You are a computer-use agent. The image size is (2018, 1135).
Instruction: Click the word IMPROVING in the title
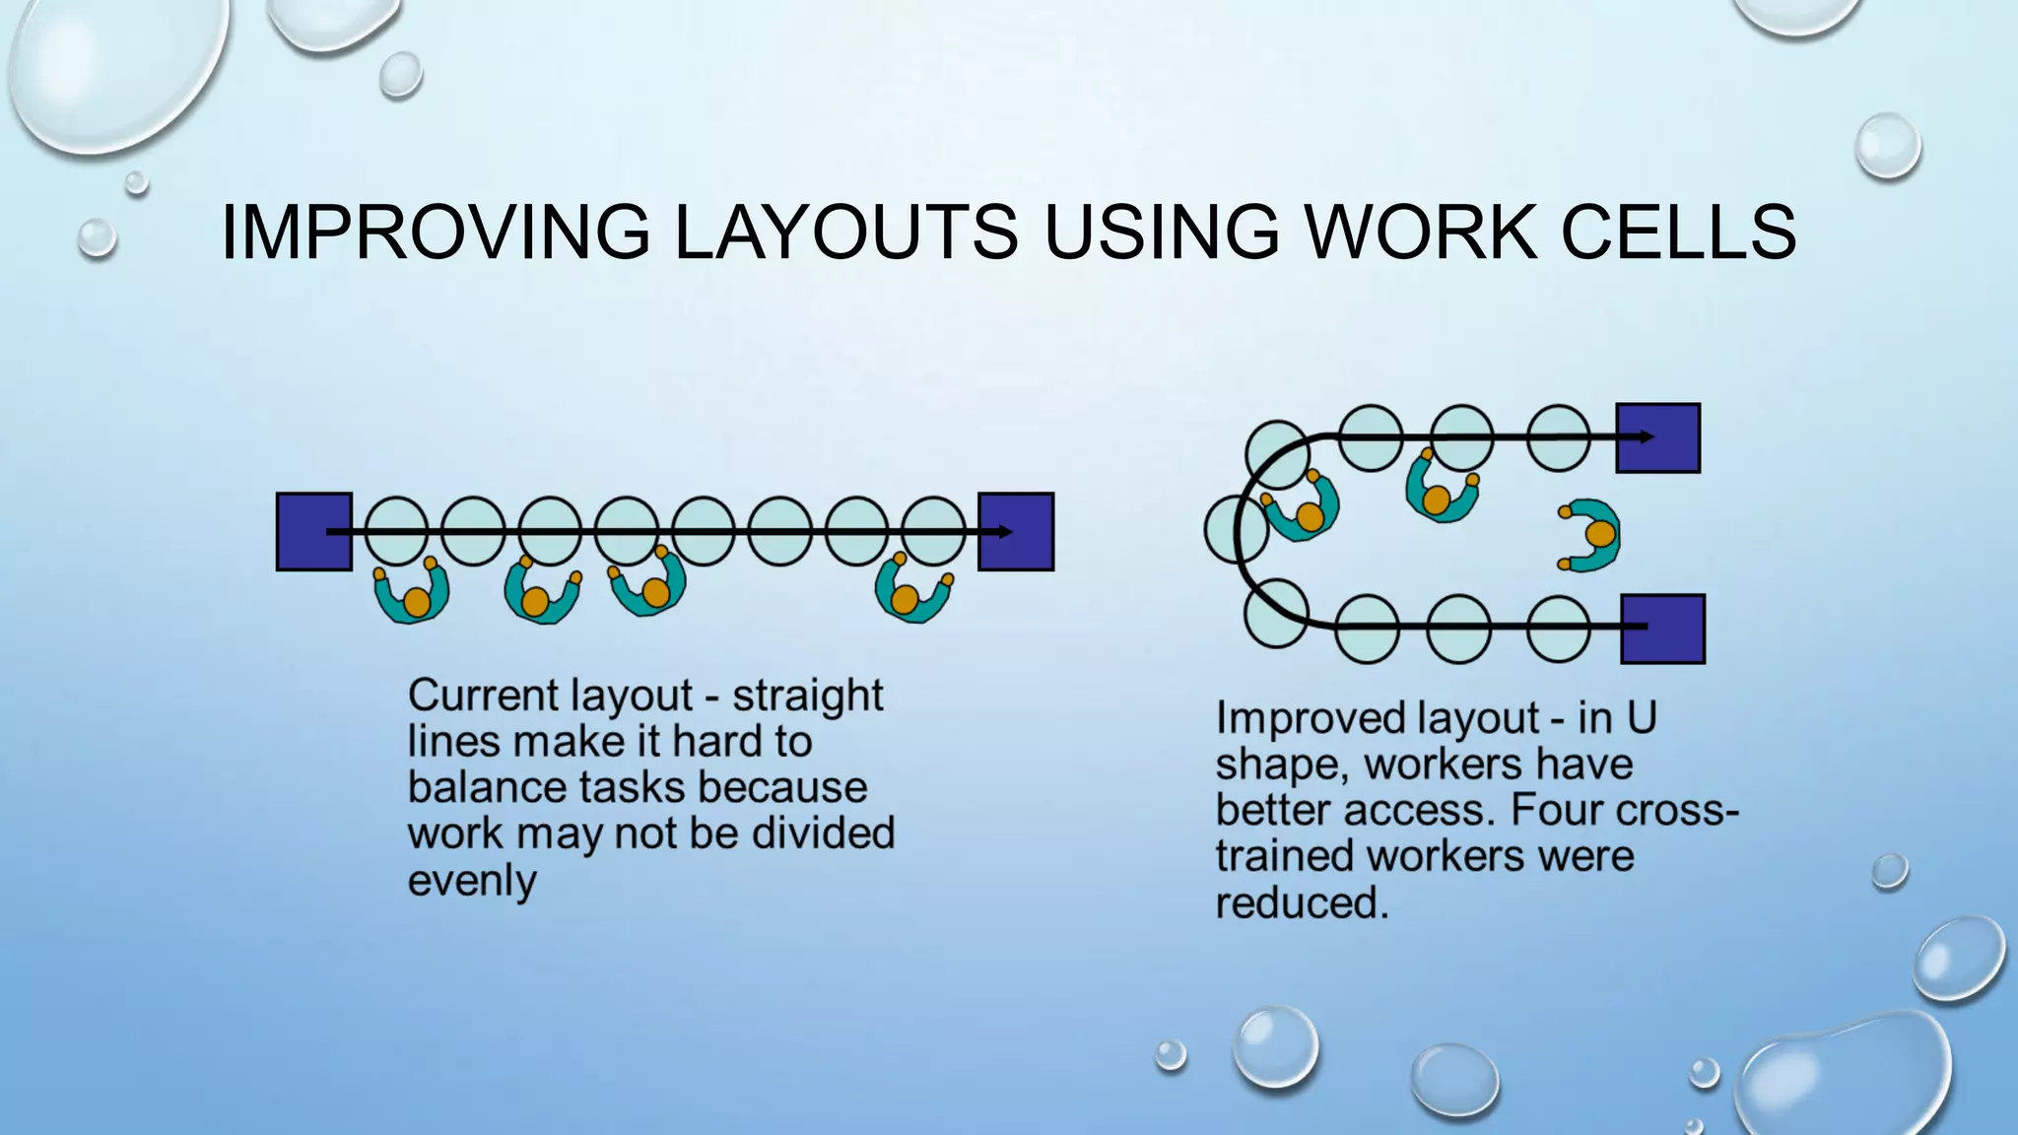435,233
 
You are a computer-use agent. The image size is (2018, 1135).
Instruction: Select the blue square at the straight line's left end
313,532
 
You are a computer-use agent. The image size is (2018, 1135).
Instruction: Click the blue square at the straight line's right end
1017,532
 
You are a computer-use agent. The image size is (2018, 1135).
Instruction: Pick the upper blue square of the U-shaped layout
1658,437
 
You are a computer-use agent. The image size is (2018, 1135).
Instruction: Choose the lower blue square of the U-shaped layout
1663,629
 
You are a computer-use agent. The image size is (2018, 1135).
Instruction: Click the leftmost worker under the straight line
413,594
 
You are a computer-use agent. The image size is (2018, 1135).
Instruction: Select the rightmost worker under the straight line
911,592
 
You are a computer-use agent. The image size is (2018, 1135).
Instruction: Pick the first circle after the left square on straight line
396,531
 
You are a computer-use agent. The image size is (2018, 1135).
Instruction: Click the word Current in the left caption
466,696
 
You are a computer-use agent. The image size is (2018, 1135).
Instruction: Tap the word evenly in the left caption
472,880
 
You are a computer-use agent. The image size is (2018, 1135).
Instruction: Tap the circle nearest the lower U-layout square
1558,629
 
